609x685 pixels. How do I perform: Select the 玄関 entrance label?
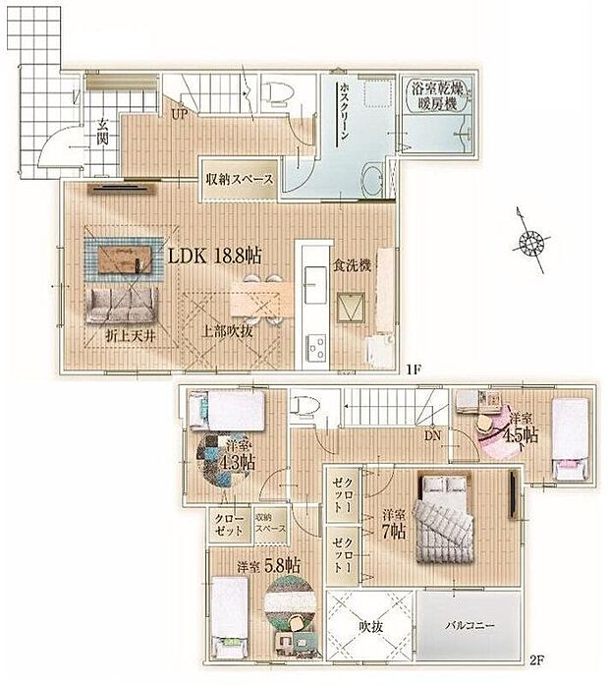point(101,133)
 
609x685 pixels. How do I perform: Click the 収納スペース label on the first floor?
point(239,179)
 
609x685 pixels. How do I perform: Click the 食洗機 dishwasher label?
point(350,265)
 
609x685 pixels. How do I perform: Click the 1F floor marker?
point(415,371)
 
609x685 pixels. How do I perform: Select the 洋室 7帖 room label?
point(394,522)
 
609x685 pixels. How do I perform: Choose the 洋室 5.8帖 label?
point(268,566)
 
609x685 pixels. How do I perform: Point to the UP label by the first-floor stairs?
point(181,115)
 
